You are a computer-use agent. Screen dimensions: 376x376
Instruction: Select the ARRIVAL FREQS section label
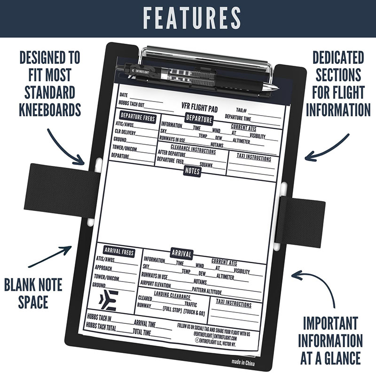[119, 252]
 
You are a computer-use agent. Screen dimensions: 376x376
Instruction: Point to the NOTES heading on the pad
[192, 172]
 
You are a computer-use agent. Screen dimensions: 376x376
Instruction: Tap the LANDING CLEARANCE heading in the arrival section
[172, 297]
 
